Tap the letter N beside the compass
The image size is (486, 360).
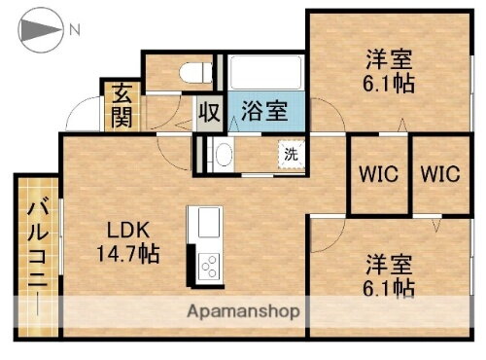tap(74, 30)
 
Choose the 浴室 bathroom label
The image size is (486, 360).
tap(263, 110)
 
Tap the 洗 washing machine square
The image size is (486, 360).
tap(291, 154)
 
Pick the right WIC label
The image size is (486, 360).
tap(439, 175)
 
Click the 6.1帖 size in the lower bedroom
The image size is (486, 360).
tap(391, 287)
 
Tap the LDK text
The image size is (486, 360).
tap(127, 232)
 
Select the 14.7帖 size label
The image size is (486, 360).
tap(127, 255)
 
